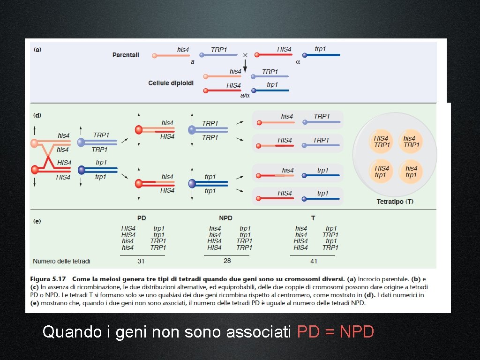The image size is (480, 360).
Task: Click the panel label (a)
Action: [x=37, y=49]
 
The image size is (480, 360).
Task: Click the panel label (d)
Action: [x=37, y=114]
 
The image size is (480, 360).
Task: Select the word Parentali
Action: [x=126, y=55]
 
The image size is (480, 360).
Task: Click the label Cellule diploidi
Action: [x=171, y=83]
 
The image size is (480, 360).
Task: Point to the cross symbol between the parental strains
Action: [x=245, y=54]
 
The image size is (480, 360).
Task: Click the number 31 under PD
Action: [x=141, y=261]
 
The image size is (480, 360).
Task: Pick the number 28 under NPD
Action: [x=227, y=261]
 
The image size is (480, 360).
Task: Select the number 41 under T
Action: [x=313, y=261]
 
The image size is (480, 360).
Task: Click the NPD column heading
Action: [x=225, y=218]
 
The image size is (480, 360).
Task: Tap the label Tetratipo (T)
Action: [x=395, y=202]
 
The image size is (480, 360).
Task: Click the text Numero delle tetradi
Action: [x=61, y=261]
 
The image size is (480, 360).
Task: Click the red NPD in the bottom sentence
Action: [x=357, y=332]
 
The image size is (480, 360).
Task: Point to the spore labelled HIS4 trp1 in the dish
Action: [x=382, y=172]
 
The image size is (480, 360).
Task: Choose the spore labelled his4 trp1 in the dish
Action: [x=411, y=172]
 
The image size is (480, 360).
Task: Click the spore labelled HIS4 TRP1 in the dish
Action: [x=382, y=142]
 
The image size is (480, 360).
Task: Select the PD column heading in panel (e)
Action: [x=142, y=218]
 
